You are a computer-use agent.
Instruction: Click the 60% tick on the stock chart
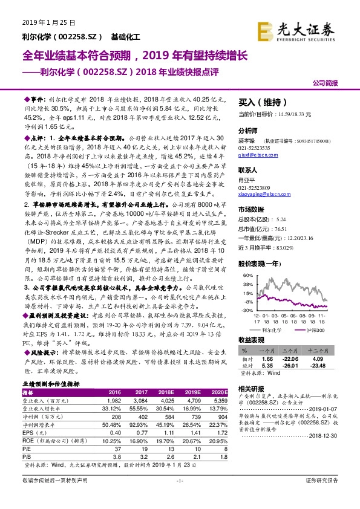246,275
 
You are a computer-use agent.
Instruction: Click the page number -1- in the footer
179,497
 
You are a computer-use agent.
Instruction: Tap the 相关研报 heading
251,388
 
